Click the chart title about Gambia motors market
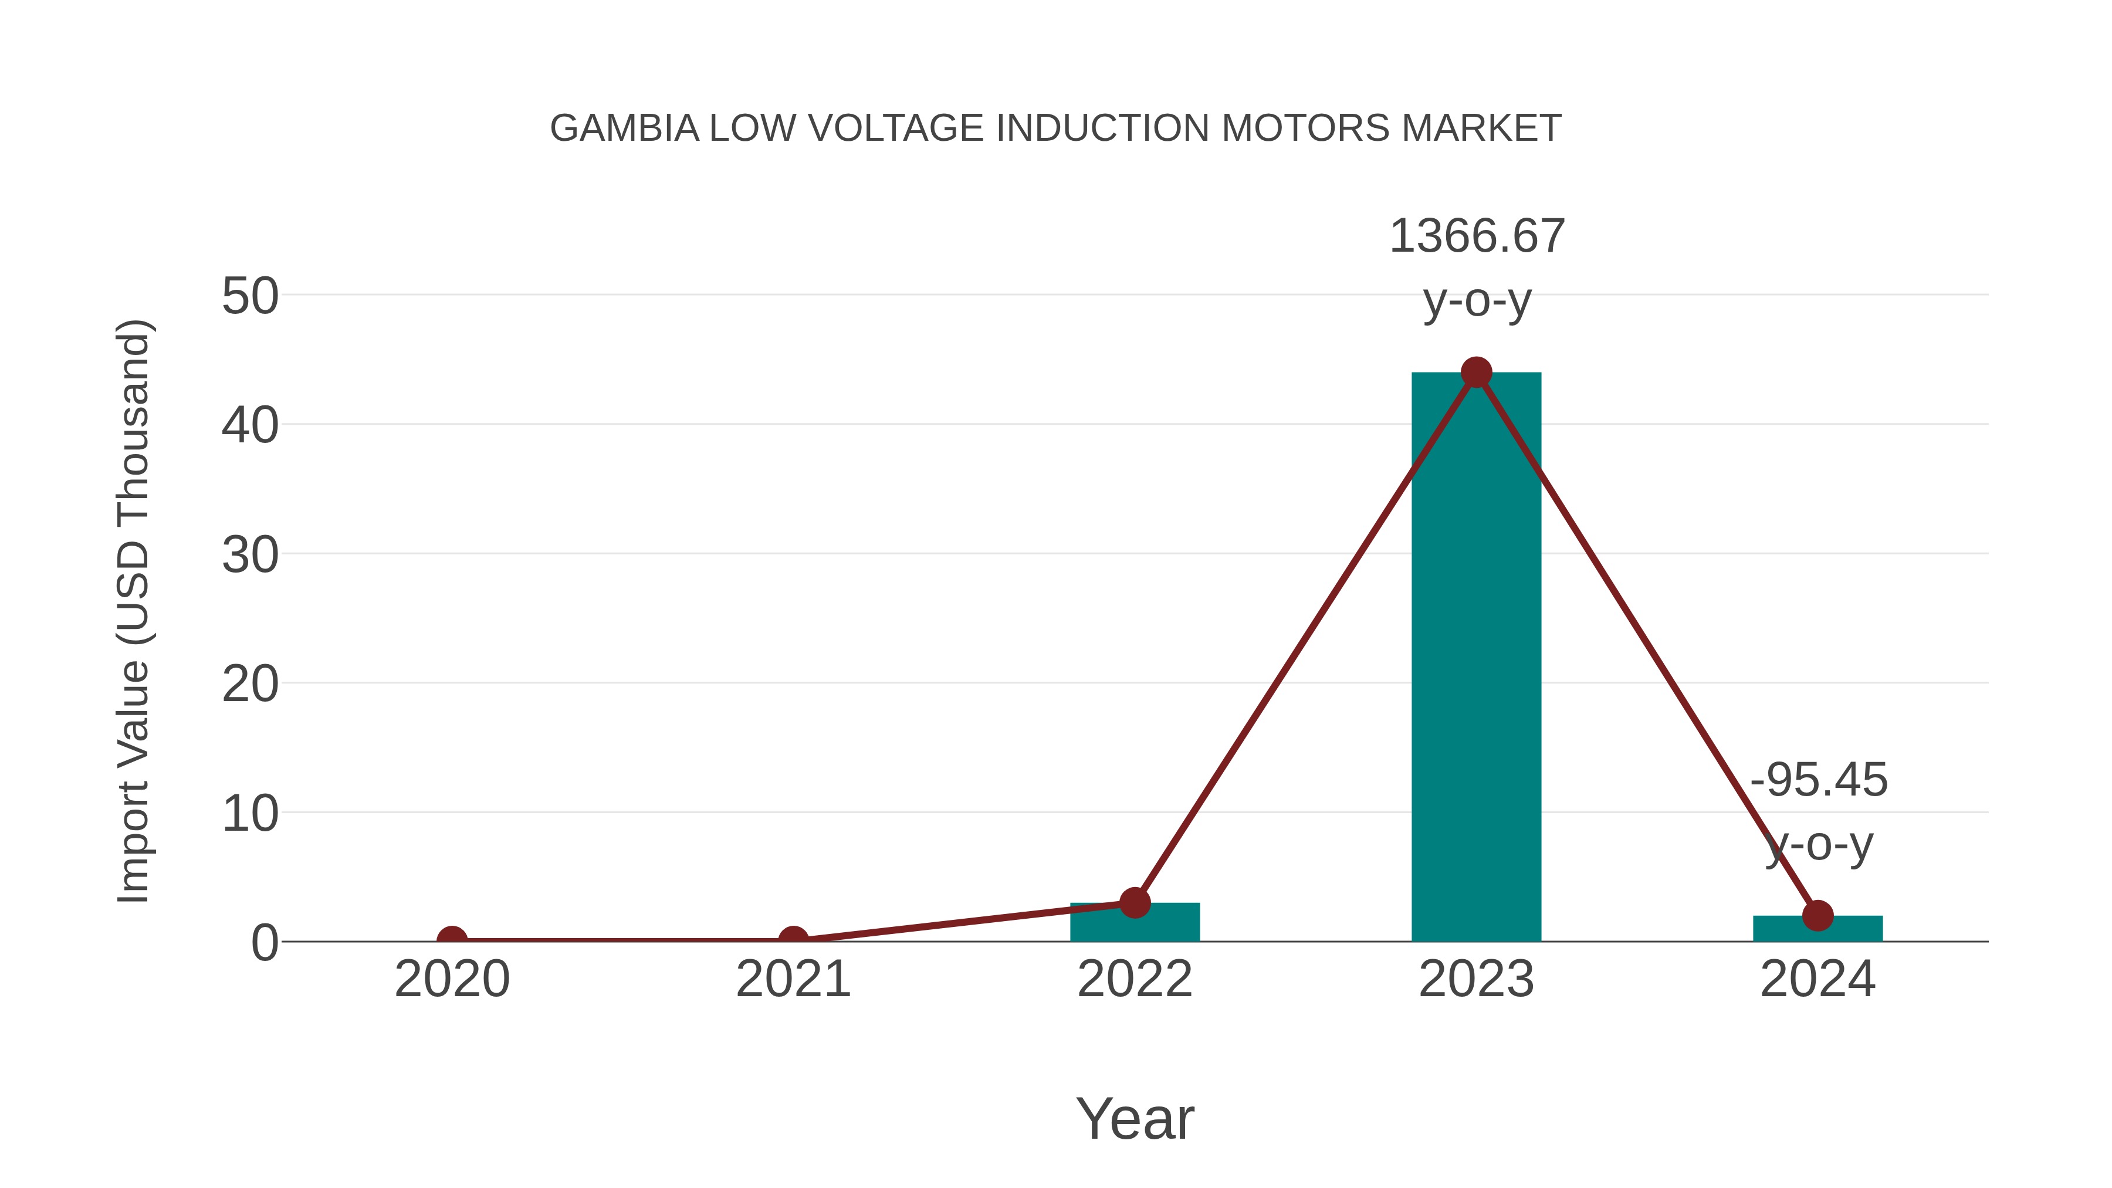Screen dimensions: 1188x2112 coord(1055,128)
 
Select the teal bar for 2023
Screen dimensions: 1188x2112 coord(1476,656)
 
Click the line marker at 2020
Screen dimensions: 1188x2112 coord(452,940)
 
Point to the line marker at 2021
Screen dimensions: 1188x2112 coord(793,940)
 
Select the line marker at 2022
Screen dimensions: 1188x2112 coord(1135,903)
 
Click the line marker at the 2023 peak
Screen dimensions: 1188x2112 coord(1476,372)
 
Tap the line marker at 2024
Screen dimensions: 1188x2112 coord(1817,916)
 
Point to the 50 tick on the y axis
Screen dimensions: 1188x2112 coord(250,296)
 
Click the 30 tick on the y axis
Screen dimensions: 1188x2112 coord(250,555)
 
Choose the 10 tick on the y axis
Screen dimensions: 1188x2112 coord(250,814)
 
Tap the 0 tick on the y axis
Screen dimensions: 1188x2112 coord(265,943)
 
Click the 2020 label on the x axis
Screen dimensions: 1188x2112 coord(452,979)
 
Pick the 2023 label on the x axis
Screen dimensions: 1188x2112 coord(1476,979)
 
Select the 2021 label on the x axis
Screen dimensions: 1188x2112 coord(793,979)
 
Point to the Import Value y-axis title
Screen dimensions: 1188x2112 coord(133,611)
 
